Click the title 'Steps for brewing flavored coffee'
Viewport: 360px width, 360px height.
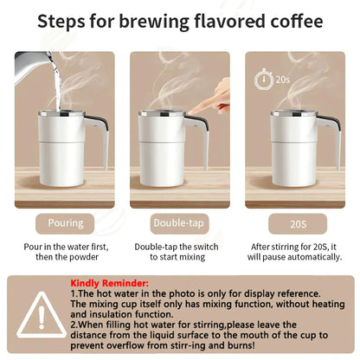pos(179,23)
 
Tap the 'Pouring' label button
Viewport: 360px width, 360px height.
pos(66,222)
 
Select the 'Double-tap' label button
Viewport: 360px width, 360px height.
pos(179,222)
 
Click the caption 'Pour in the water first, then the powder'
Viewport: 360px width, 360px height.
pos(66,252)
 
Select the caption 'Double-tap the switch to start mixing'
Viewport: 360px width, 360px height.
pos(179,252)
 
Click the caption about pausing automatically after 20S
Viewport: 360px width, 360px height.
pos(292,252)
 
